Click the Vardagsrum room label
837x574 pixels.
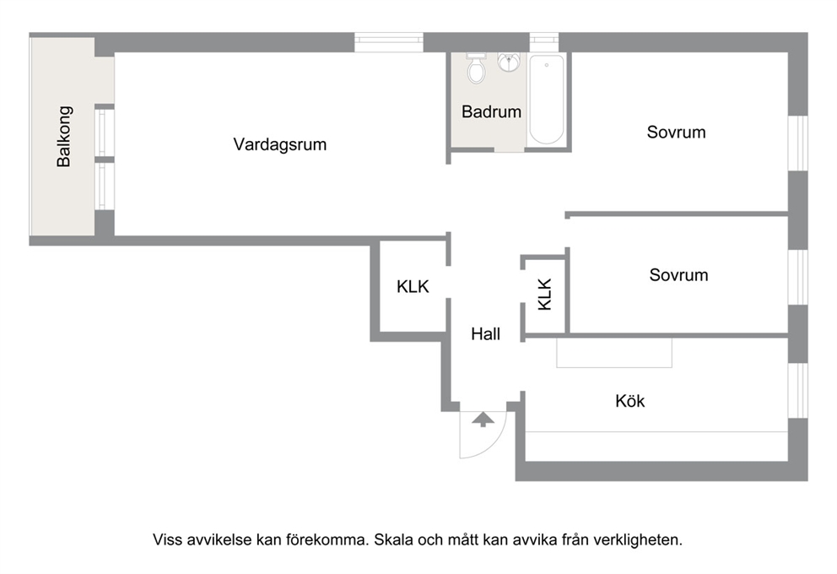click(280, 144)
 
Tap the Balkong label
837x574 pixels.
click(63, 137)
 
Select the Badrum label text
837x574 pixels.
click(491, 111)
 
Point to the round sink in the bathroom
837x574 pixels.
click(510, 62)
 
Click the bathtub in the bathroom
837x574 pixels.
click(546, 100)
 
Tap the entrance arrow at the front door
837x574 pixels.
click(483, 420)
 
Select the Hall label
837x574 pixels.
click(485, 334)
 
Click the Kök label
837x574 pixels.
click(630, 401)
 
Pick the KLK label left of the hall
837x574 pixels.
click(413, 287)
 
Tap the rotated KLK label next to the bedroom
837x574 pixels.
click(544, 295)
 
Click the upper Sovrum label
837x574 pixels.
click(677, 132)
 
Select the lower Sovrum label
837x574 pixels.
click(678, 275)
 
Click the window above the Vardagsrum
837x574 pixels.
click(389, 42)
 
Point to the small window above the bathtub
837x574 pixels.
click(544, 42)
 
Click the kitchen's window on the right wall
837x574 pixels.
click(798, 390)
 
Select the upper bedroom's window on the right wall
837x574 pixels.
click(798, 143)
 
